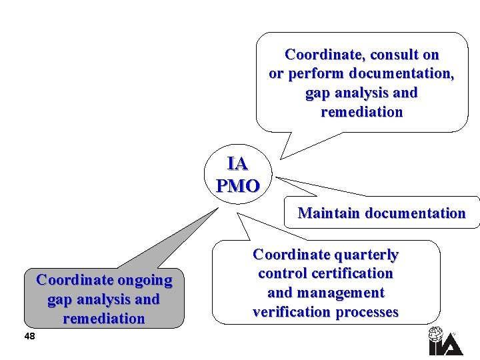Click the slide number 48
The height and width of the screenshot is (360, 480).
29,337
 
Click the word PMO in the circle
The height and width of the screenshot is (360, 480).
238,186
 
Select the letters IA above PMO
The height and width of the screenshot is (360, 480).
237,164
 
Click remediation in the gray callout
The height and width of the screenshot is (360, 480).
104,319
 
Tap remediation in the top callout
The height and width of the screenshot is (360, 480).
362,112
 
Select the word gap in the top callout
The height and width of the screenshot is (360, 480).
317,93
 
